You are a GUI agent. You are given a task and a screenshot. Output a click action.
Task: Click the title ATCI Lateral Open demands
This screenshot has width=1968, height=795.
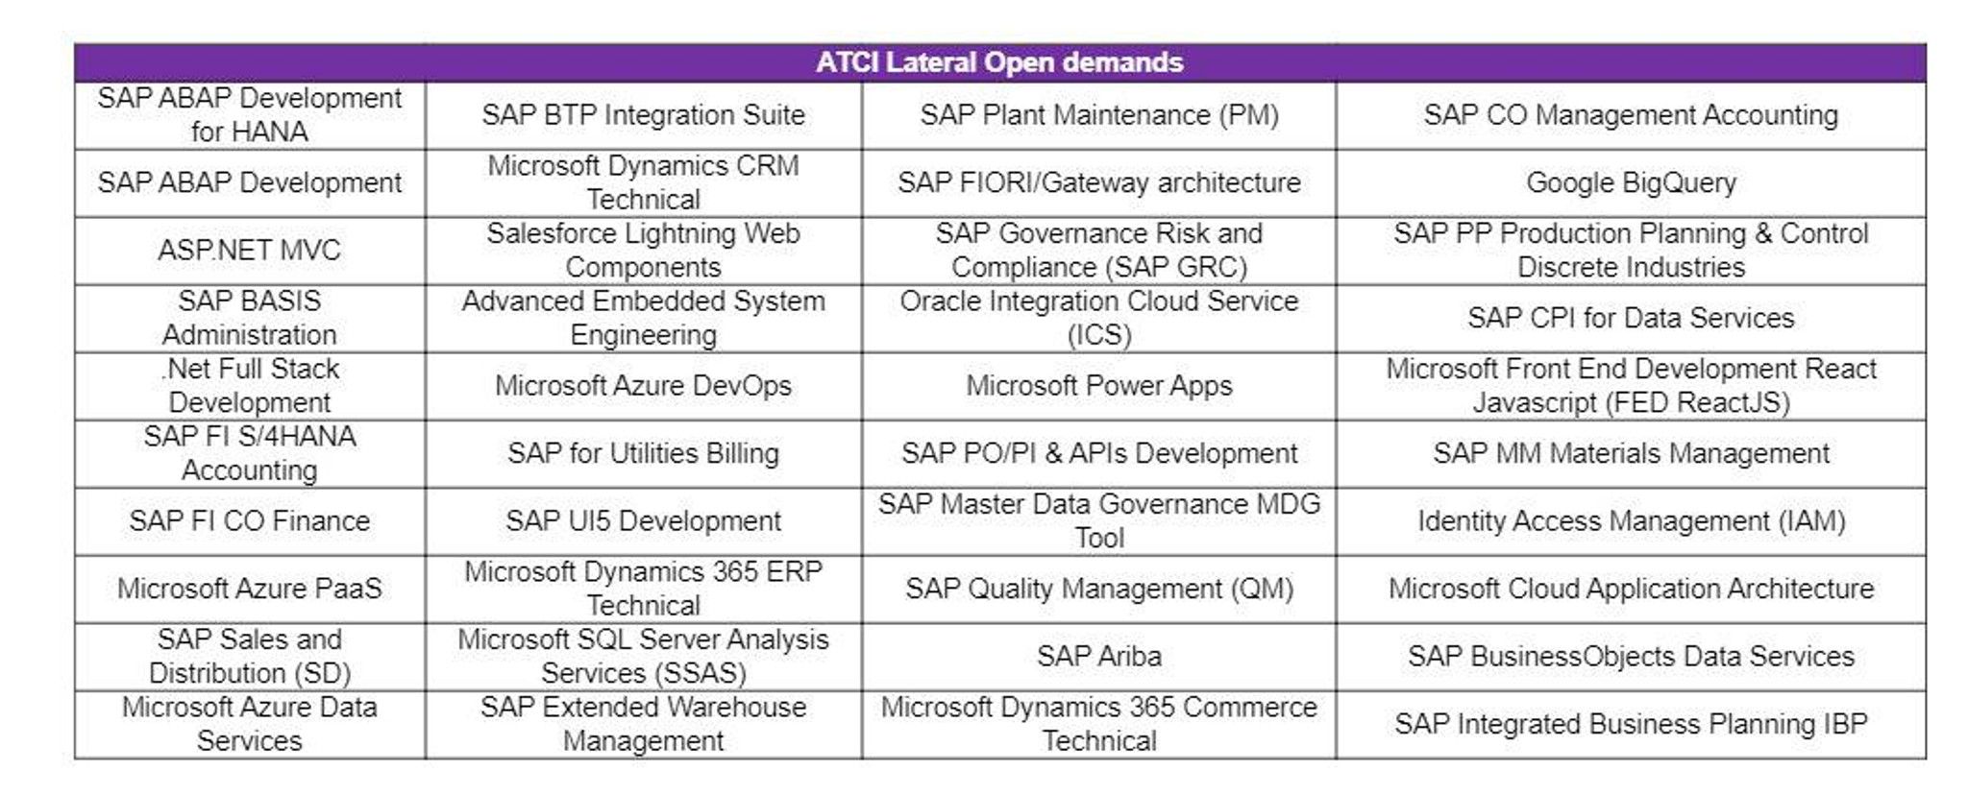(x=999, y=62)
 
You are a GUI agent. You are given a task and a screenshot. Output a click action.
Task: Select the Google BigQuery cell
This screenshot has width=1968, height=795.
(x=1631, y=182)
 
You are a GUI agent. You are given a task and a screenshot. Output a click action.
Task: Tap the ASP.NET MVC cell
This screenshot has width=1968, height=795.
(x=249, y=251)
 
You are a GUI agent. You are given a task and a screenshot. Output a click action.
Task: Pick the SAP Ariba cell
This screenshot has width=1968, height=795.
(x=1098, y=657)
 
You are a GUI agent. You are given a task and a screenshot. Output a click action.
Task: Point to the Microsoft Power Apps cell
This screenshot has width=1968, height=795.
(x=1098, y=386)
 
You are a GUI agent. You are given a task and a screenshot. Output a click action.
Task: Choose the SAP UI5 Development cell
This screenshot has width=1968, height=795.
(x=643, y=521)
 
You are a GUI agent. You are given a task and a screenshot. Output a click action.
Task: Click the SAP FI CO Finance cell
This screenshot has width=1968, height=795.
(x=249, y=521)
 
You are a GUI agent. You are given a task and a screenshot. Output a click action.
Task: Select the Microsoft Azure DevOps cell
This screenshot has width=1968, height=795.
(x=643, y=386)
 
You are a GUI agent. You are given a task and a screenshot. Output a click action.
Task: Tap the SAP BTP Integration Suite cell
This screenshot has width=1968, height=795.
(x=643, y=115)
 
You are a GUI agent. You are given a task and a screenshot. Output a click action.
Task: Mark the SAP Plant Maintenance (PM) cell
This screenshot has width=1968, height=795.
(x=1098, y=115)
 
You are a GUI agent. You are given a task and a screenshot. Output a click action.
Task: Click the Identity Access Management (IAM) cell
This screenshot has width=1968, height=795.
(x=1631, y=521)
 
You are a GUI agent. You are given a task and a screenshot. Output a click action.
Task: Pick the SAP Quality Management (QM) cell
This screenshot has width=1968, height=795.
(x=1098, y=589)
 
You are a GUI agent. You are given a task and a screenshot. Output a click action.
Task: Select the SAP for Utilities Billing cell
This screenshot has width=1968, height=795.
(x=643, y=453)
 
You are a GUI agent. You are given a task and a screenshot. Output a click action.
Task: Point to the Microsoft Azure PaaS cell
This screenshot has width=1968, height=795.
(x=249, y=589)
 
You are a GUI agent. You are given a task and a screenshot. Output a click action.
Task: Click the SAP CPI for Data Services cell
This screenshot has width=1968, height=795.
(x=1631, y=318)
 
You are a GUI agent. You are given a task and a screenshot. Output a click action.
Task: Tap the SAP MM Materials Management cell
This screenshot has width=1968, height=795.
(x=1631, y=453)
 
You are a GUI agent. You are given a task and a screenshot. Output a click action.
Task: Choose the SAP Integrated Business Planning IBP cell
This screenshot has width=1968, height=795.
(x=1631, y=724)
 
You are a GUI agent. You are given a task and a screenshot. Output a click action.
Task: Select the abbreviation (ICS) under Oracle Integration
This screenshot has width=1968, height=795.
(x=1098, y=335)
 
